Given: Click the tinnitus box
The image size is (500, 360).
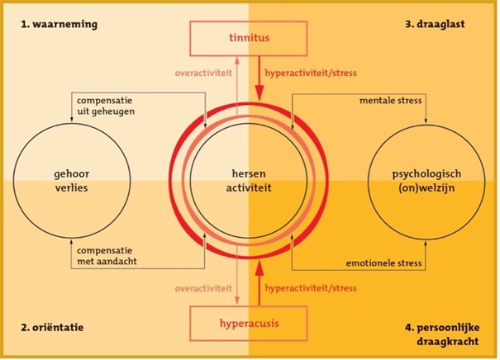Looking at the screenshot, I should [250, 39].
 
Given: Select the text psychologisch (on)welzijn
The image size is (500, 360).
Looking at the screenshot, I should [426, 180].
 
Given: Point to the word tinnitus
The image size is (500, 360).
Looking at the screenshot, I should [250, 39].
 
